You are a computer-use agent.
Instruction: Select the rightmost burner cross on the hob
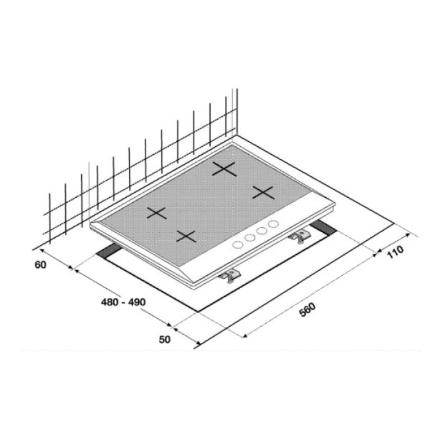point(263,193)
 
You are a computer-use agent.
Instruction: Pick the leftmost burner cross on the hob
point(157,214)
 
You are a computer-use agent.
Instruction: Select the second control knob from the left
point(249,237)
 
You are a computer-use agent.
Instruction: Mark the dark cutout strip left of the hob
point(110,251)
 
